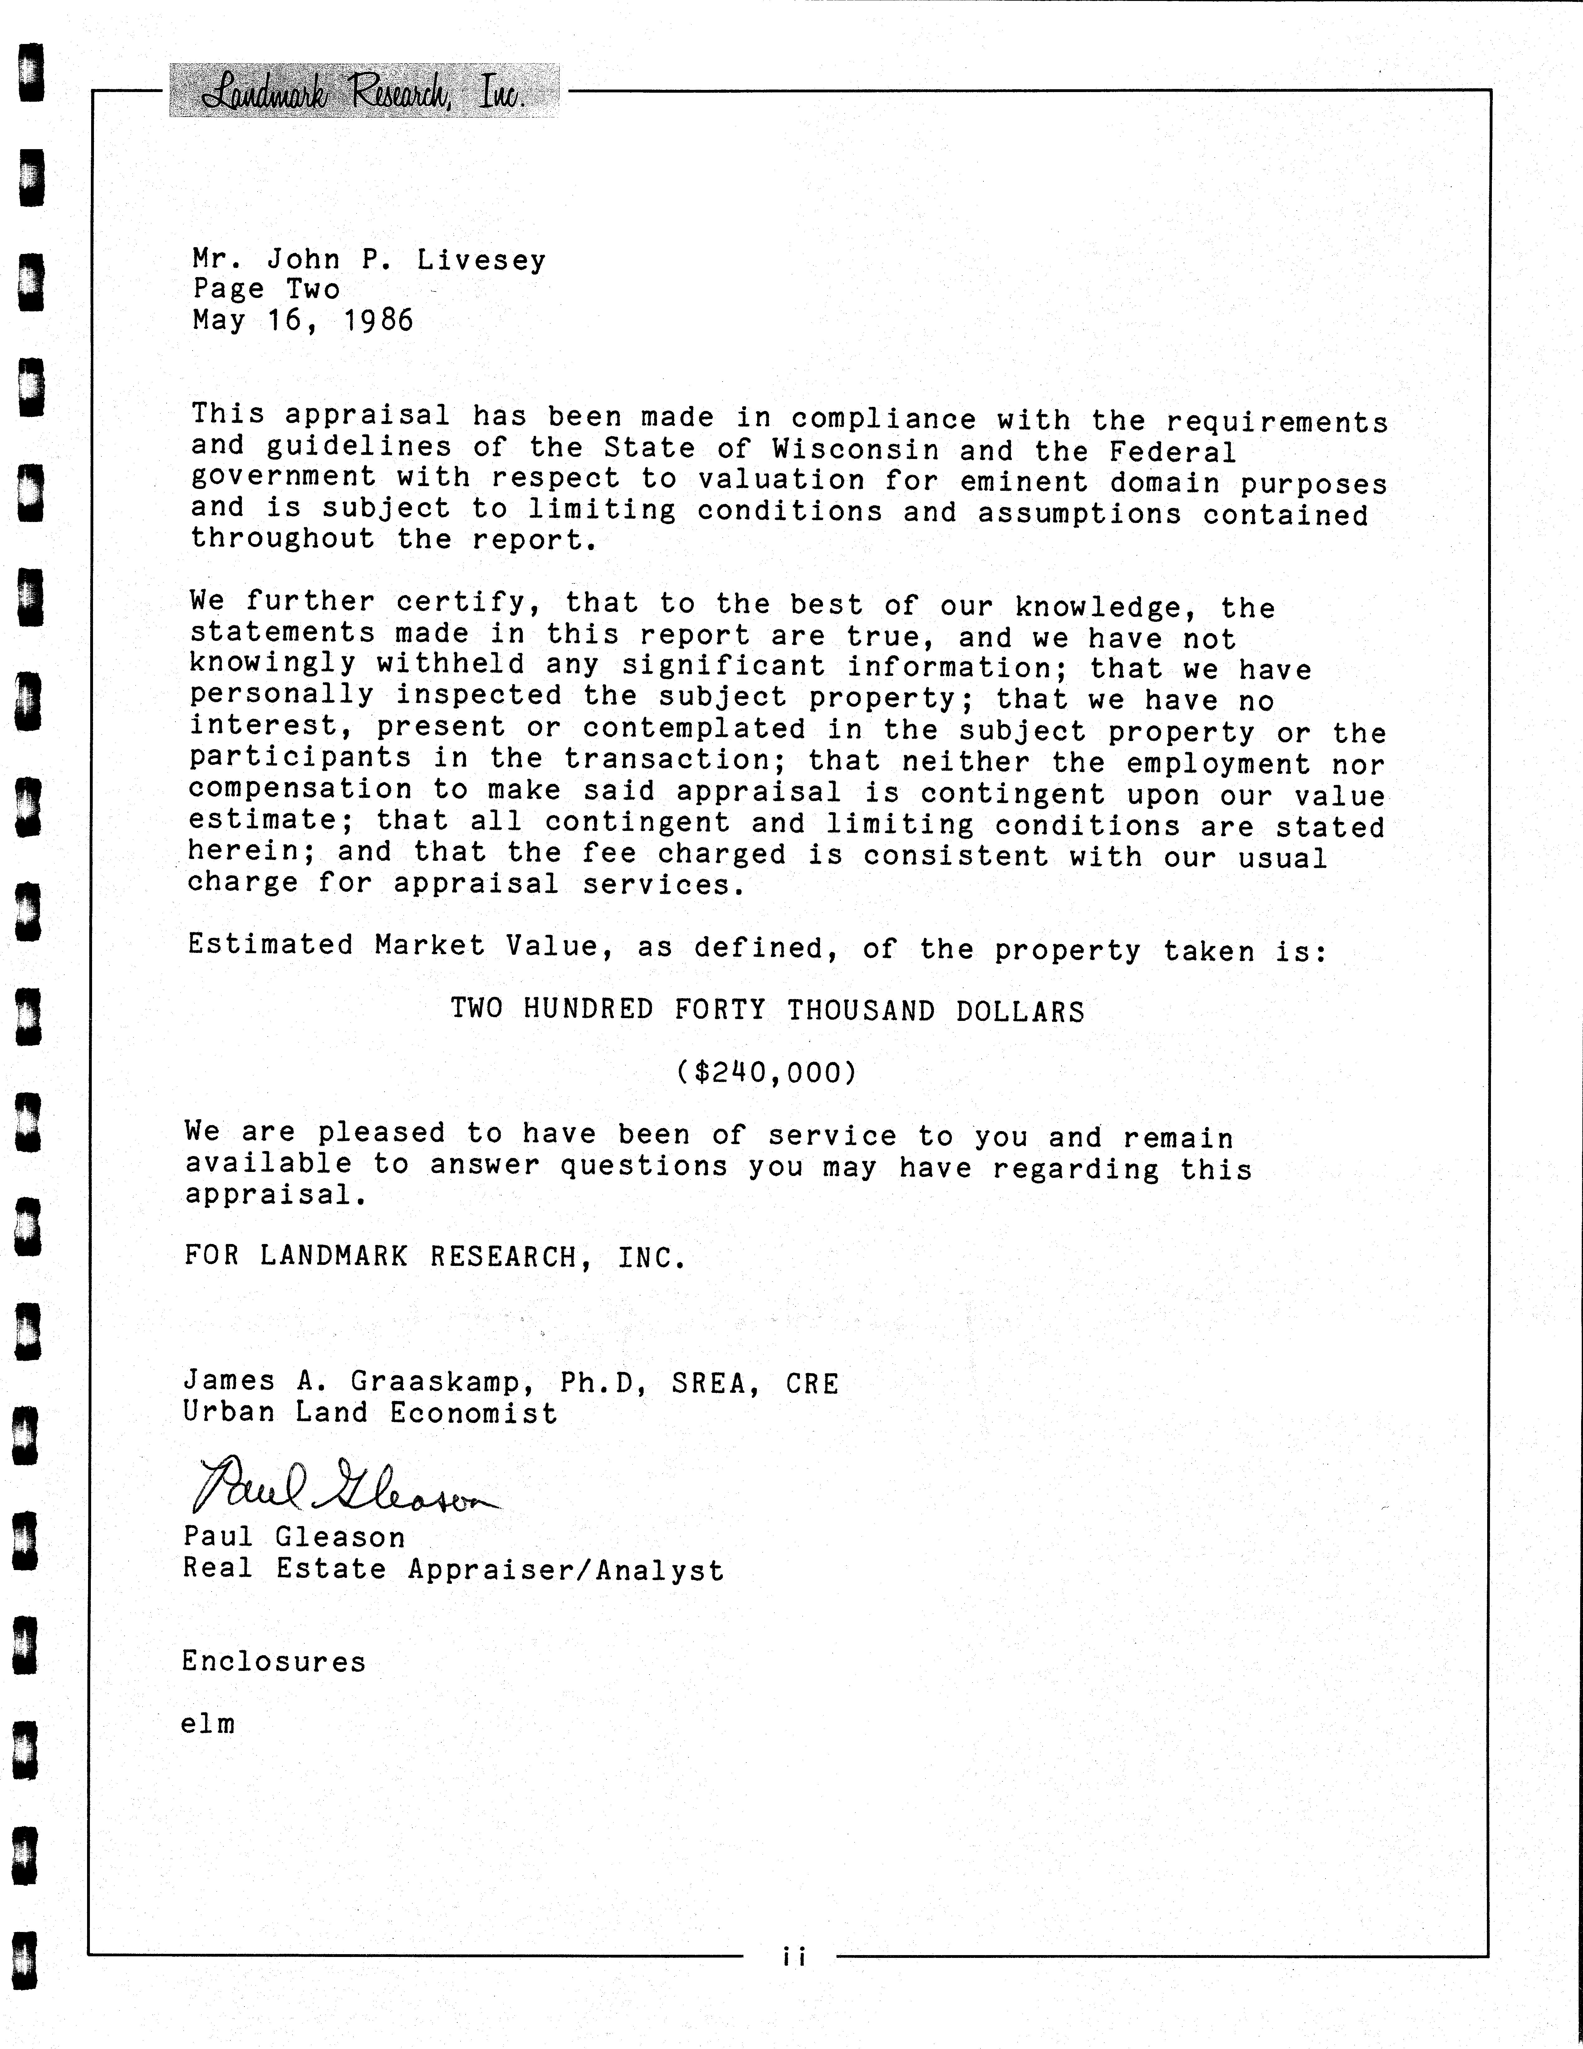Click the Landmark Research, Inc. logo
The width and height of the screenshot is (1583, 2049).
point(364,92)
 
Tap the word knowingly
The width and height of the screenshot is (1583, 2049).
point(272,663)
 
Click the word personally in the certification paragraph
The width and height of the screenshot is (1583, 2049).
point(282,694)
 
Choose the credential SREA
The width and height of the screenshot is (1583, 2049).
point(715,1383)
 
